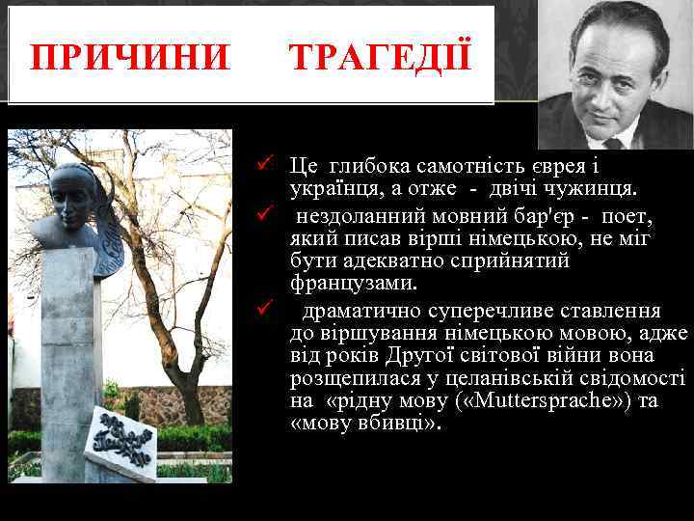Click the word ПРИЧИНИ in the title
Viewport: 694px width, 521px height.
pyautogui.click(x=130, y=58)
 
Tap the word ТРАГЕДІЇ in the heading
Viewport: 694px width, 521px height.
pyautogui.click(x=381, y=58)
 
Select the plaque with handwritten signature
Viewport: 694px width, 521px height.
pyautogui.click(x=120, y=443)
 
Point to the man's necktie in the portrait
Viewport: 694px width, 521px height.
pyautogui.click(x=613, y=141)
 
